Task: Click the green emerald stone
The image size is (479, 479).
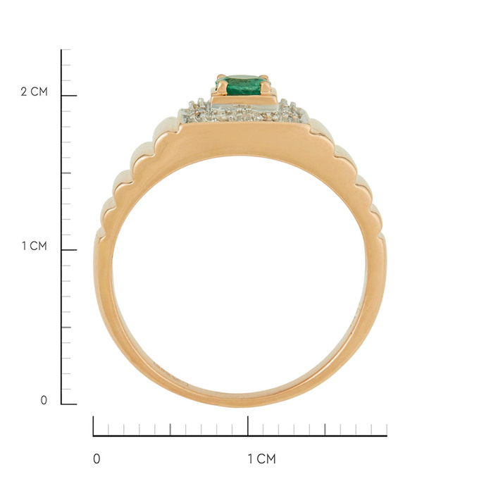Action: tap(244, 85)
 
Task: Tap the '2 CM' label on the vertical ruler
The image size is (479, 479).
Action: tap(35, 92)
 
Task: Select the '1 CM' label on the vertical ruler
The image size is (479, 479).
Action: tap(35, 246)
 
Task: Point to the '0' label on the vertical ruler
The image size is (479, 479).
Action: tap(44, 400)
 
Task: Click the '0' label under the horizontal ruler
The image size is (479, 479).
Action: tap(97, 459)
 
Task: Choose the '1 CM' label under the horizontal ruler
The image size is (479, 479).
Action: tap(261, 459)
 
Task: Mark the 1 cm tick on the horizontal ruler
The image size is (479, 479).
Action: tap(248, 426)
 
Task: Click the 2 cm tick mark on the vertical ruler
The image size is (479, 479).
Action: tap(69, 96)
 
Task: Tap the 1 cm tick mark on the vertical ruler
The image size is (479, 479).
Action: tap(69, 250)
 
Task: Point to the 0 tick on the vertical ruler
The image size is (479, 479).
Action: tap(69, 404)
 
